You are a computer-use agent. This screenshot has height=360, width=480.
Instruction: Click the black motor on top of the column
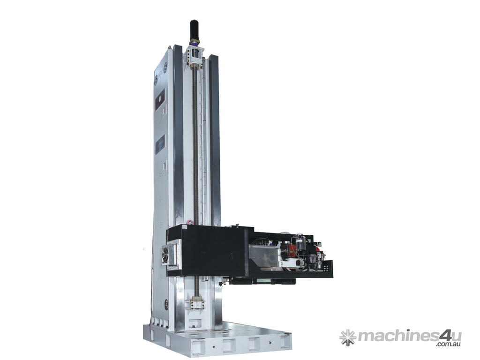tap(194, 30)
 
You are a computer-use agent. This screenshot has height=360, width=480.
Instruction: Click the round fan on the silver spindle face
tap(165, 254)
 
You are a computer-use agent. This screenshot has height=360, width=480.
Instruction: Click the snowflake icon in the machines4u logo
tap(348, 337)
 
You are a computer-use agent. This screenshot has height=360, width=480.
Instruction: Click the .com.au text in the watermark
tap(449, 345)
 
